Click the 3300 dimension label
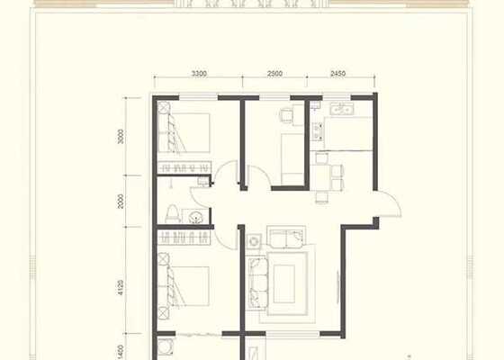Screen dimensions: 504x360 click(x=199, y=74)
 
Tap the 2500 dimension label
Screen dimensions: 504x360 click(x=274, y=74)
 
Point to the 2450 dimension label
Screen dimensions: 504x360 click(x=337, y=74)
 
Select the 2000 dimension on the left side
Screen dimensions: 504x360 click(x=121, y=202)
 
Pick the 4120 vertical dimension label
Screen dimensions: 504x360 click(x=121, y=288)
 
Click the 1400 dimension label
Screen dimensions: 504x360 click(x=121, y=352)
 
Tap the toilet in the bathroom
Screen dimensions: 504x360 click(x=173, y=214)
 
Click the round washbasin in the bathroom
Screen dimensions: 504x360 click(x=195, y=217)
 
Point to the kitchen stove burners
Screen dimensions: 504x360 click(x=318, y=131)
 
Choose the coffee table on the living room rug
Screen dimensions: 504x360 click(x=284, y=283)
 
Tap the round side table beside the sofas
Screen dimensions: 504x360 click(x=254, y=241)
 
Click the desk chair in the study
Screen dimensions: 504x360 click(x=286, y=115)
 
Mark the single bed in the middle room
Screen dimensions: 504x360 click(x=292, y=158)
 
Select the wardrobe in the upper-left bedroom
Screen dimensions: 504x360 click(x=184, y=167)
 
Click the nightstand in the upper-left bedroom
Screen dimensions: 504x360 click(x=164, y=107)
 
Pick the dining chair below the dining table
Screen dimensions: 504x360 click(x=322, y=197)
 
